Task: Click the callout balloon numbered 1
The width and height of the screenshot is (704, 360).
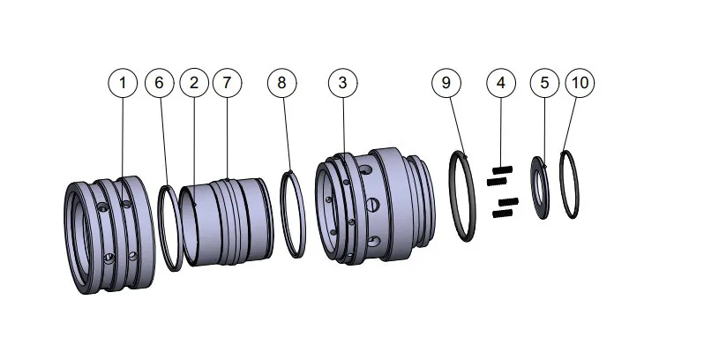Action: click(123, 83)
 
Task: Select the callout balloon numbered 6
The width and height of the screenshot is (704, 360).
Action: click(159, 83)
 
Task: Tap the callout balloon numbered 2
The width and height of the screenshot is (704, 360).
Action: click(193, 83)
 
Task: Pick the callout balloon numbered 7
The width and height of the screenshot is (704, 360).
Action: click(227, 83)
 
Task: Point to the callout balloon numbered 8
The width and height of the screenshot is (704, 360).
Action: click(281, 83)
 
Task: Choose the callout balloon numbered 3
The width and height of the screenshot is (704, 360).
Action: click(342, 83)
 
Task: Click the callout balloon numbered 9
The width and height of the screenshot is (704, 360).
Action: click(446, 83)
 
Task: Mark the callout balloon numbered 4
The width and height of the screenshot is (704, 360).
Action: click(500, 83)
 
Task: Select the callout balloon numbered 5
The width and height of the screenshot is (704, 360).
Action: click(544, 83)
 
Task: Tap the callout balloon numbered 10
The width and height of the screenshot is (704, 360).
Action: click(580, 83)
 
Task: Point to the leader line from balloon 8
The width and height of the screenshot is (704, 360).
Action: click(285, 132)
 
